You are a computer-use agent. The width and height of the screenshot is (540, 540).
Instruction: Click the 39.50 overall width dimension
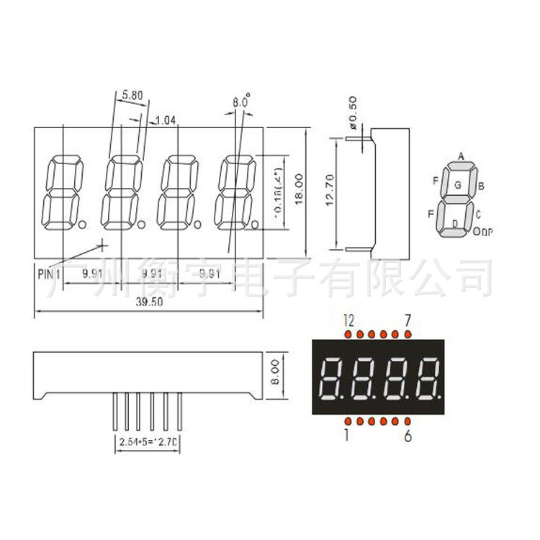click(x=150, y=303)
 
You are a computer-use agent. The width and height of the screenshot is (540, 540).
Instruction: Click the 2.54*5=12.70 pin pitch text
click(x=149, y=441)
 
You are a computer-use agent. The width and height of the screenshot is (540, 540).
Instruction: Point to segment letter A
click(x=460, y=156)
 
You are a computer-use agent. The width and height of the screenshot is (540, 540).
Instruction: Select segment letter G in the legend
click(x=458, y=184)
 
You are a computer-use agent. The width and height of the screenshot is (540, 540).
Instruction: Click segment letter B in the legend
click(x=481, y=186)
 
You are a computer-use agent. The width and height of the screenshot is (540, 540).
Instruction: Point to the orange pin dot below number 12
click(x=348, y=334)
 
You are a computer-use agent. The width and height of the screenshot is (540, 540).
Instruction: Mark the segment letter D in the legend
click(x=454, y=225)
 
